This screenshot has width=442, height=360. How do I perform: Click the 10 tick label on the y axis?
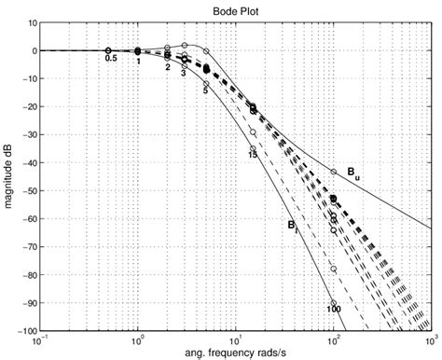click(x=33, y=23)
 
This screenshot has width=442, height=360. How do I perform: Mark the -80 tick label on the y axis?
click(x=30, y=275)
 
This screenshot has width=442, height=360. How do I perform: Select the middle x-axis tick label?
click(x=235, y=340)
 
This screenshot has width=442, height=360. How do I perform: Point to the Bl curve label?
click(x=291, y=225)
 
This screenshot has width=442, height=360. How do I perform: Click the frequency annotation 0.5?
click(x=111, y=59)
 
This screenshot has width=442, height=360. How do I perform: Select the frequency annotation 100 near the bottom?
click(x=333, y=309)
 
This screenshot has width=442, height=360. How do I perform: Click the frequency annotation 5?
click(x=204, y=91)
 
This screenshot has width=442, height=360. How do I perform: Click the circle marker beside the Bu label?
click(x=332, y=171)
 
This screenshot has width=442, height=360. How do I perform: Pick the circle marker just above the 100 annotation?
click(x=332, y=301)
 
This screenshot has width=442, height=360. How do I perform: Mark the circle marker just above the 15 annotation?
click(x=253, y=145)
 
